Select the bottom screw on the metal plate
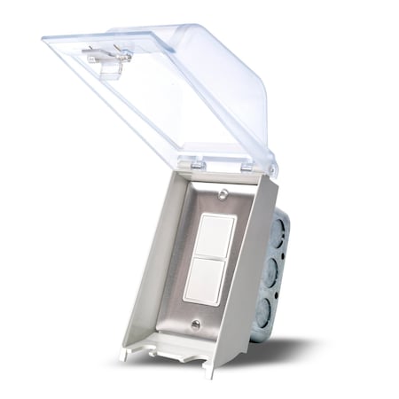click(194, 325)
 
